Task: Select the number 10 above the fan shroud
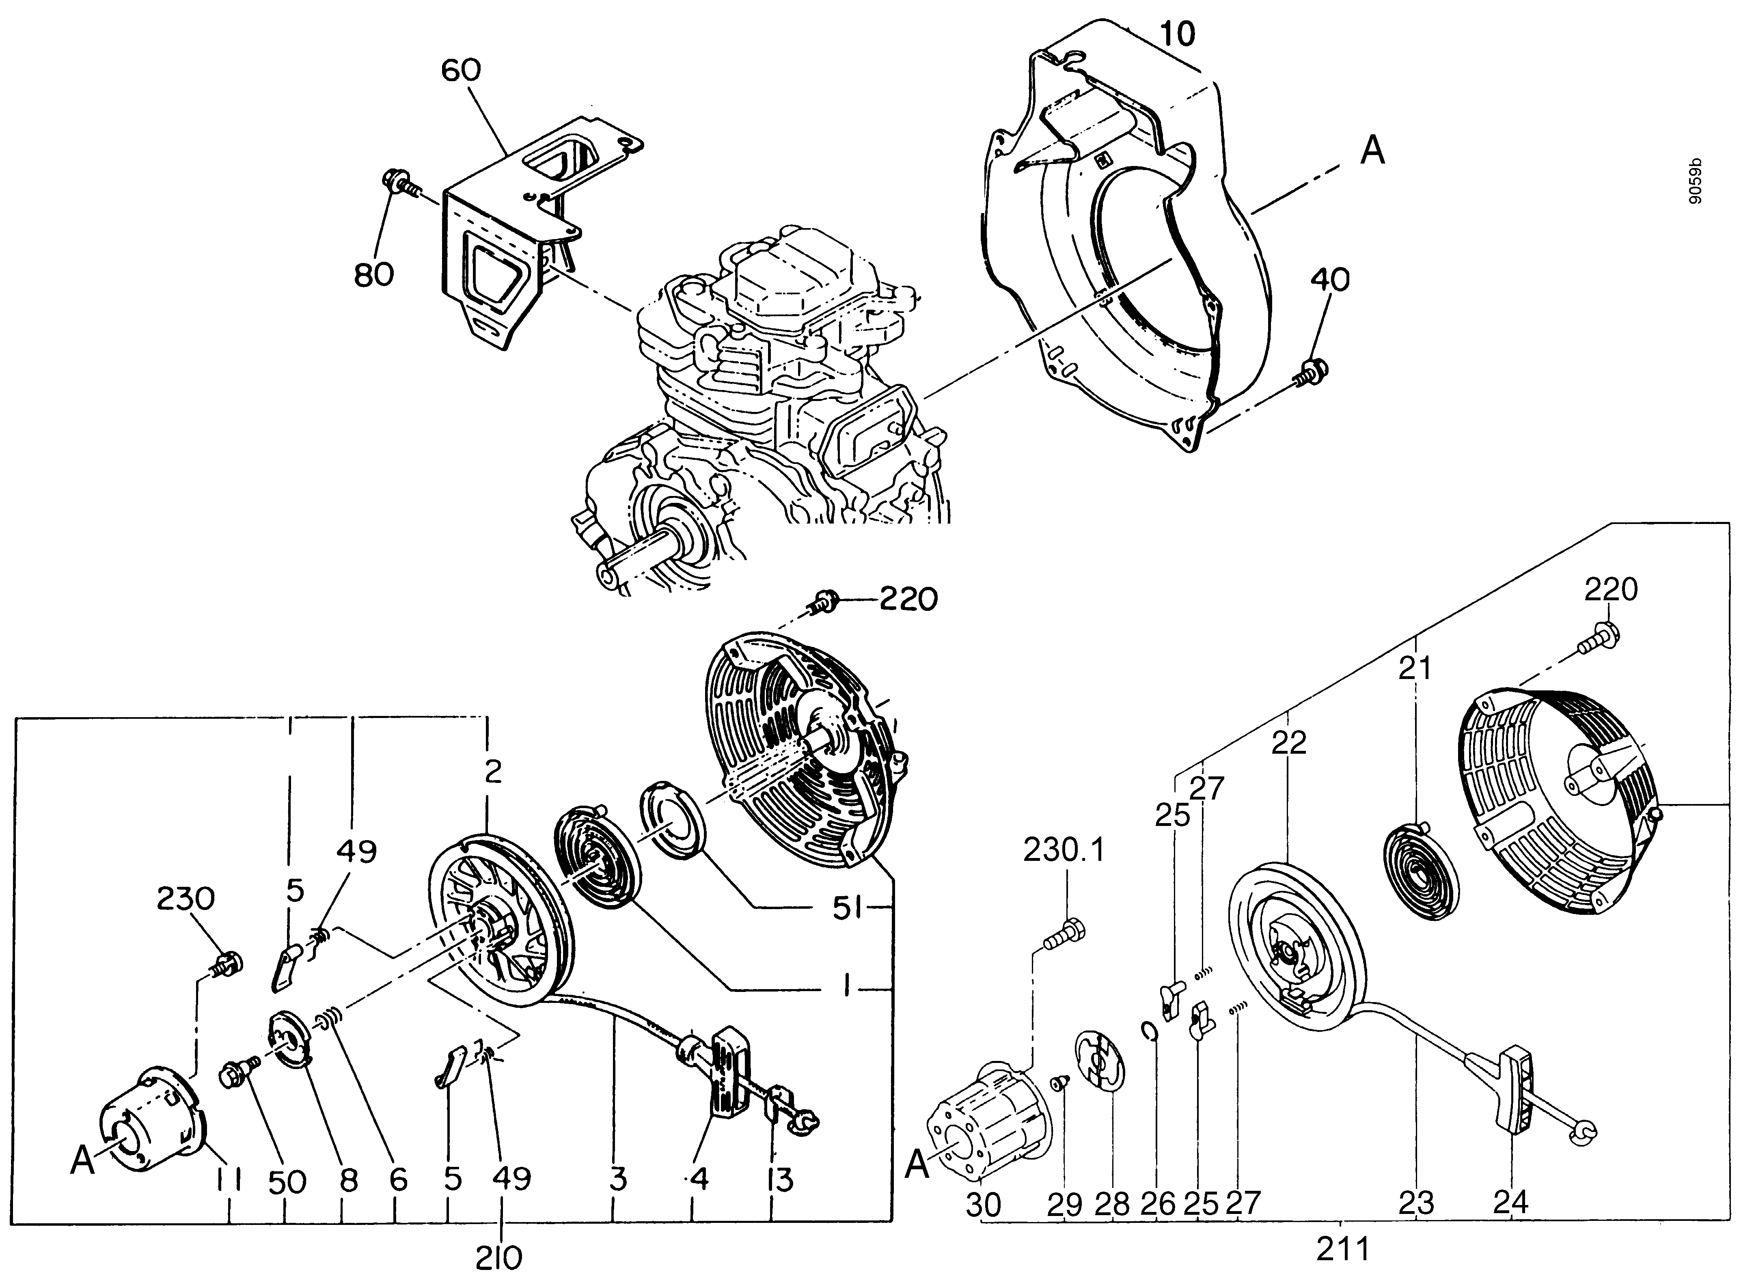[1177, 34]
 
